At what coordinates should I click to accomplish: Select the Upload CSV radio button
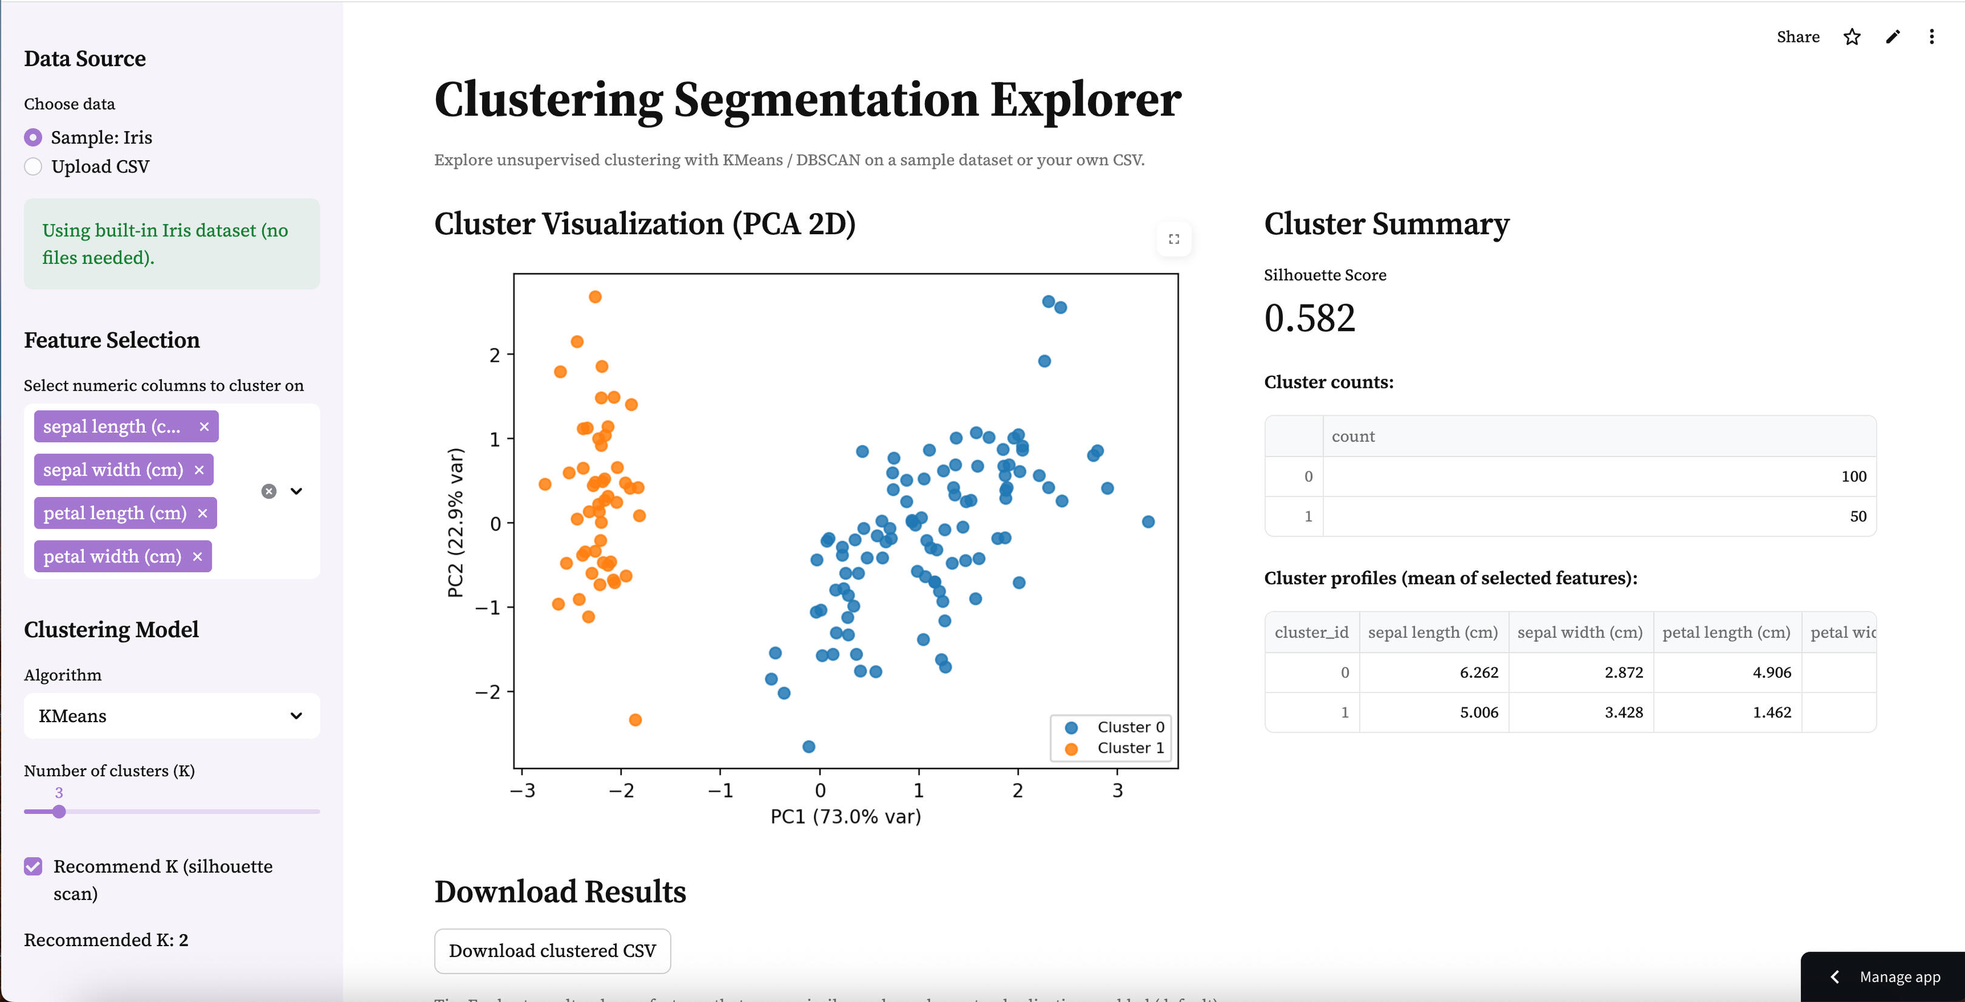pyautogui.click(x=33, y=166)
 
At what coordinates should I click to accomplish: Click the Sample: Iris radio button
pyautogui.click(x=33, y=137)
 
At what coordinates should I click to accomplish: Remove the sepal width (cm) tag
pyautogui.click(x=199, y=470)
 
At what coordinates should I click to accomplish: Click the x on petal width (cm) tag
pyautogui.click(x=198, y=557)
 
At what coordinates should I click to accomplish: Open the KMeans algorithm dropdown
pyautogui.click(x=172, y=716)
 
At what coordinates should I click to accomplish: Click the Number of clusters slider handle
pyautogui.click(x=59, y=811)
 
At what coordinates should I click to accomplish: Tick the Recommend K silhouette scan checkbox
pyautogui.click(x=33, y=866)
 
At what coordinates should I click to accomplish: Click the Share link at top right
pyautogui.click(x=1797, y=36)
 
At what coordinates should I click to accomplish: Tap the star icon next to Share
pyautogui.click(x=1852, y=36)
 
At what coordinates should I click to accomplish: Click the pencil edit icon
pyautogui.click(x=1893, y=36)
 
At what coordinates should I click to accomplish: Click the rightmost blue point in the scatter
pyautogui.click(x=1148, y=522)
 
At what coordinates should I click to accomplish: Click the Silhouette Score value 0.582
pyautogui.click(x=1309, y=317)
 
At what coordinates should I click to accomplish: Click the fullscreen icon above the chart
pyautogui.click(x=1174, y=239)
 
